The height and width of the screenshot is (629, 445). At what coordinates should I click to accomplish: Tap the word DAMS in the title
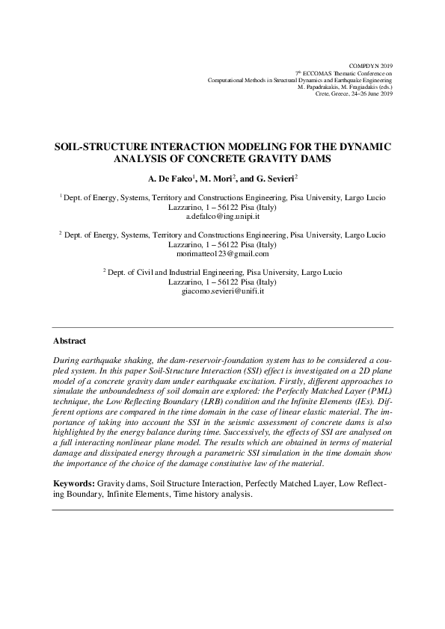click(x=316, y=159)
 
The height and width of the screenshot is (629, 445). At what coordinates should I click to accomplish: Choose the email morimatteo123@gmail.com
click(x=222, y=254)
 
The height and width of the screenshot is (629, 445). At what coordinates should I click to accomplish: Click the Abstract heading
click(x=70, y=341)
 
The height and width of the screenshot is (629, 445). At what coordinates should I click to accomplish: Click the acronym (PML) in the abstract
click(x=377, y=391)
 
